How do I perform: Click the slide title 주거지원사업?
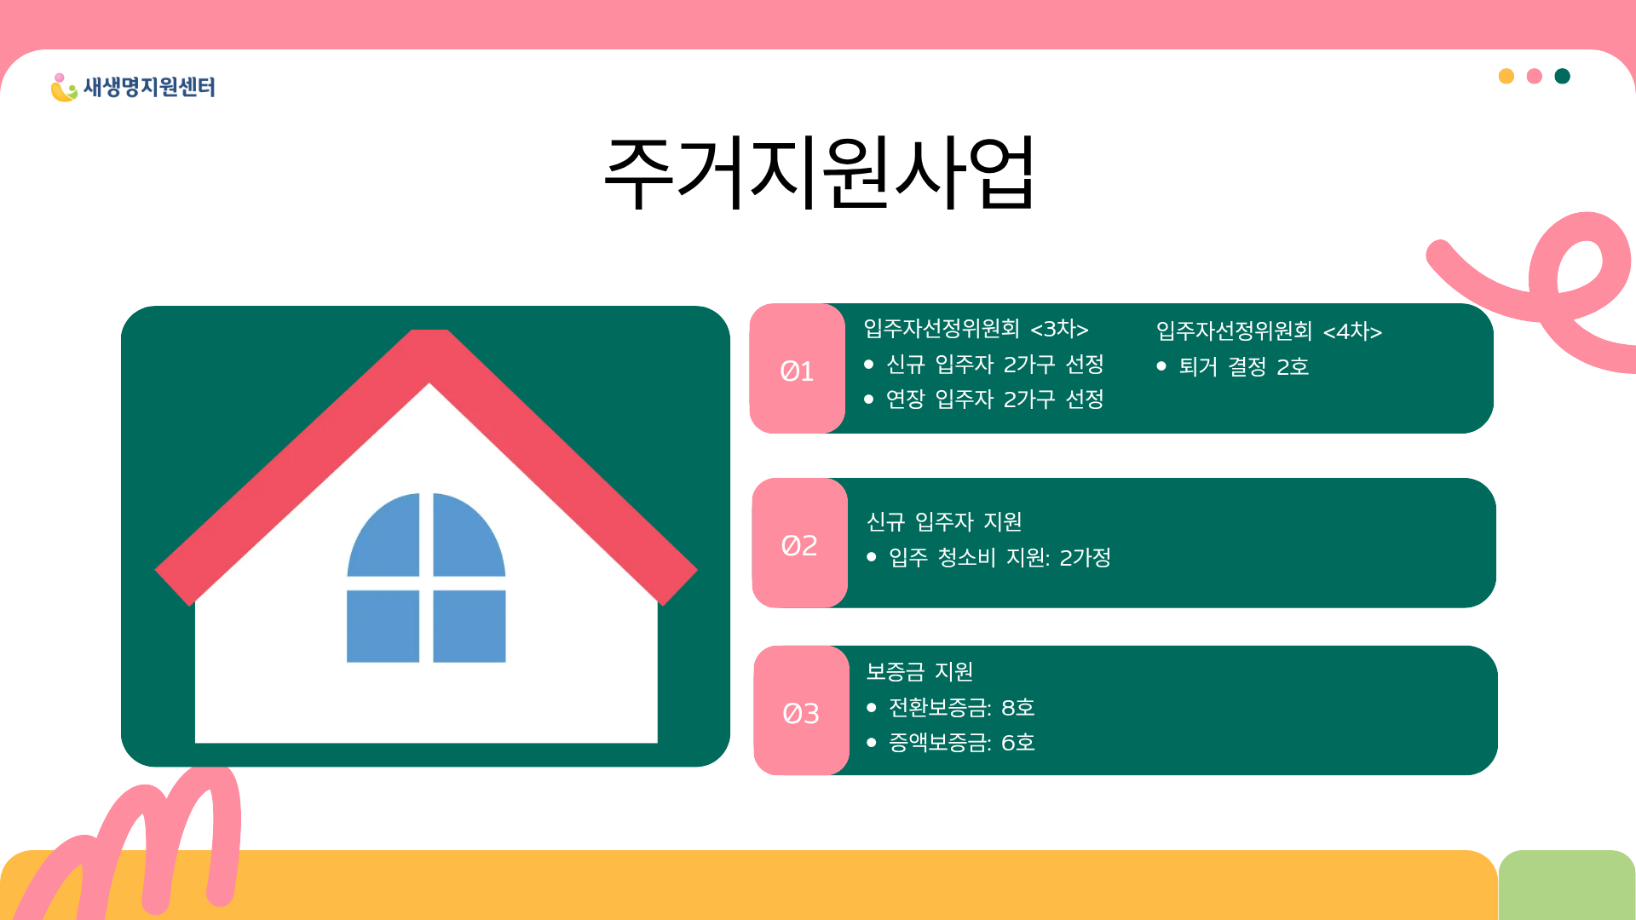pyautogui.click(x=819, y=172)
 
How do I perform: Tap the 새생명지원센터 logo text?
pyautogui.click(x=149, y=87)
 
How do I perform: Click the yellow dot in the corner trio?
pyautogui.click(x=1506, y=77)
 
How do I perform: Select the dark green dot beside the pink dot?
pyautogui.click(x=1563, y=77)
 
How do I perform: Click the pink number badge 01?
pyautogui.click(x=798, y=369)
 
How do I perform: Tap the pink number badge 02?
pyautogui.click(x=800, y=543)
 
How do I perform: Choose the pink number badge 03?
pyautogui.click(x=802, y=711)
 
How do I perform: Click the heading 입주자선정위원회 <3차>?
pyautogui.click(x=976, y=329)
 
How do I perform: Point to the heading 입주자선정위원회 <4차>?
pyautogui.click(x=1269, y=331)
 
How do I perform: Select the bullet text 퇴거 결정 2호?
pyautogui.click(x=1244, y=367)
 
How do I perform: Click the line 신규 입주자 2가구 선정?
pyautogui.click(x=995, y=365)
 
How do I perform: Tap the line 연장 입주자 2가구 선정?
pyautogui.click(x=995, y=400)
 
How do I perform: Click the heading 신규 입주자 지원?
pyautogui.click(x=944, y=521)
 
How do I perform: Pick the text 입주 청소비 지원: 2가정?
pyautogui.click(x=1000, y=558)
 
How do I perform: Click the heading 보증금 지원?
pyautogui.click(x=919, y=672)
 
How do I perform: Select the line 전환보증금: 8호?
pyautogui.click(x=962, y=708)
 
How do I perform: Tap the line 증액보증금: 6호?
pyautogui.click(x=962, y=743)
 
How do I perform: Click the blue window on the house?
pyautogui.click(x=426, y=578)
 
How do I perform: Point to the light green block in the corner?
pyautogui.click(x=1567, y=885)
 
